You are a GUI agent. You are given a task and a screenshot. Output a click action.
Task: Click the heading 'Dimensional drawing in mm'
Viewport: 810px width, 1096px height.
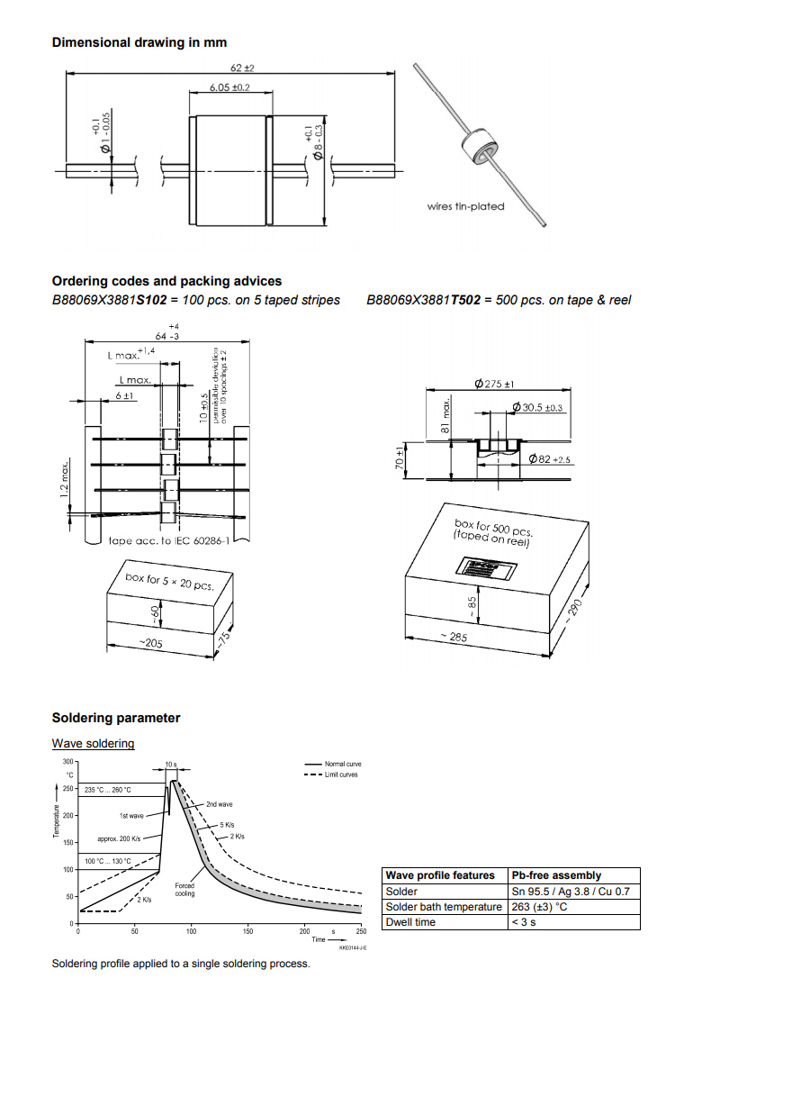click(x=139, y=42)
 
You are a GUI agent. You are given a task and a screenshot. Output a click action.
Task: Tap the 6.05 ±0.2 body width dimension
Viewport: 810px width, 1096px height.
click(x=229, y=87)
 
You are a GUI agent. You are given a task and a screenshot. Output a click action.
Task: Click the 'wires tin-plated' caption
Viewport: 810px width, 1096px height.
click(x=465, y=206)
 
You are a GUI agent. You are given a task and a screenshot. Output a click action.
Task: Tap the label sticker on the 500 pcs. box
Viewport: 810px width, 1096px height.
click(x=486, y=569)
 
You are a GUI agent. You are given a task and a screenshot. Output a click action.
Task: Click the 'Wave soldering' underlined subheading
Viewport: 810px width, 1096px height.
click(x=93, y=743)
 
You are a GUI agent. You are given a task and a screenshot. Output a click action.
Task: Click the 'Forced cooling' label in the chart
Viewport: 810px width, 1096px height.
click(x=184, y=890)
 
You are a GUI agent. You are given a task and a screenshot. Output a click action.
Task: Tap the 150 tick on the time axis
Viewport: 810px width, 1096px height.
click(x=247, y=931)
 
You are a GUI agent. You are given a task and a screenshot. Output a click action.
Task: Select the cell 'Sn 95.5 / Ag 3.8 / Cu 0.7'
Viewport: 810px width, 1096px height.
click(x=570, y=892)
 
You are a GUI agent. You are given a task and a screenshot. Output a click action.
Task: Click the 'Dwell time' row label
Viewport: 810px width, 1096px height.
click(x=410, y=922)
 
